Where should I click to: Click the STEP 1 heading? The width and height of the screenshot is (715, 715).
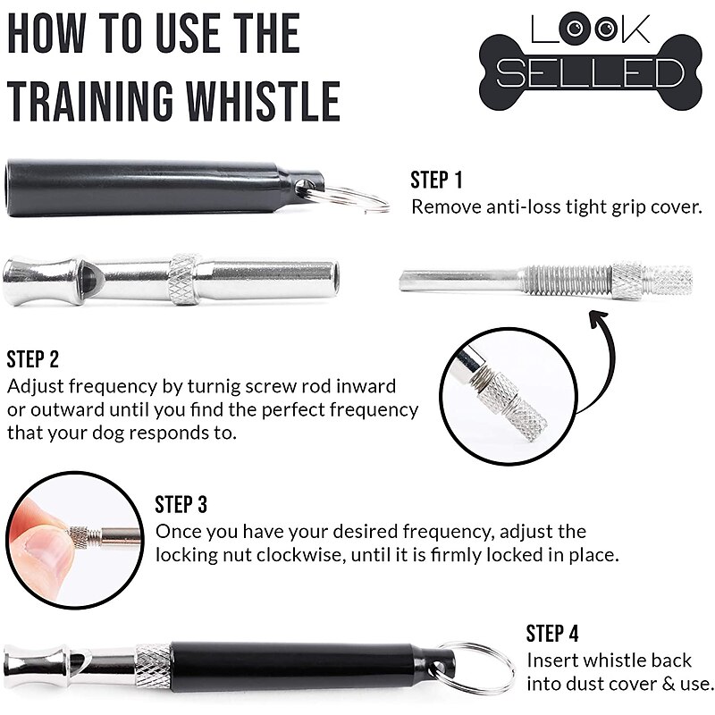[x=436, y=180]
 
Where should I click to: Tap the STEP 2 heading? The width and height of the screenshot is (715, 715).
[x=33, y=360]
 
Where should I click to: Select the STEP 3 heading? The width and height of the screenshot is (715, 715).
[x=181, y=504]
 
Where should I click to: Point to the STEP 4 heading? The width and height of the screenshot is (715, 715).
[x=552, y=634]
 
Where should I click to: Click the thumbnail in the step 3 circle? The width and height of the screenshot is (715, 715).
[x=46, y=548]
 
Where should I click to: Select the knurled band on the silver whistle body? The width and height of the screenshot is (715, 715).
[x=185, y=278]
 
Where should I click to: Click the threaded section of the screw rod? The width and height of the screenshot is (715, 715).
[x=568, y=280]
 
